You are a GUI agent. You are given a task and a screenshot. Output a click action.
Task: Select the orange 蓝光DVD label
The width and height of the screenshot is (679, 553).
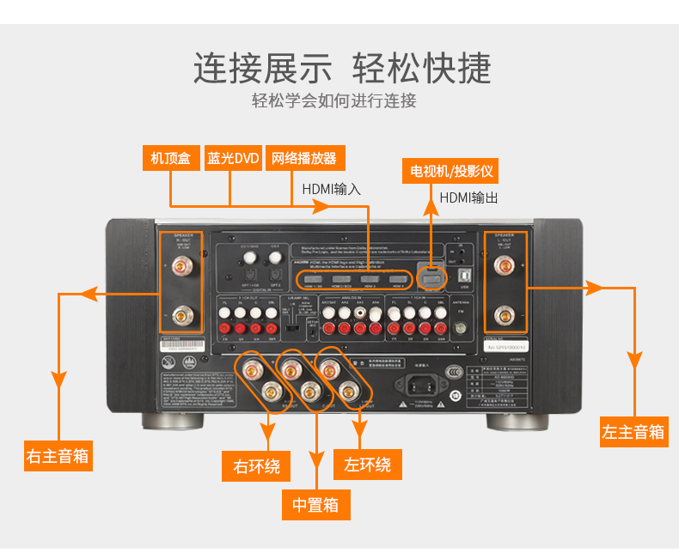click(232, 159)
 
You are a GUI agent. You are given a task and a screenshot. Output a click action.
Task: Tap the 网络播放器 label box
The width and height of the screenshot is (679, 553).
click(304, 159)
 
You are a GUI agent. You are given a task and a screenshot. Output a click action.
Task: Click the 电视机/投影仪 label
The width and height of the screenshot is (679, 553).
click(450, 169)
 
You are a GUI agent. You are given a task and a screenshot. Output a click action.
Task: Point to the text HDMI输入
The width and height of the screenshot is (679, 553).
click(332, 188)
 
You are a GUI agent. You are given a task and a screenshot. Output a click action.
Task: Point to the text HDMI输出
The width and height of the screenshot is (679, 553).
click(469, 197)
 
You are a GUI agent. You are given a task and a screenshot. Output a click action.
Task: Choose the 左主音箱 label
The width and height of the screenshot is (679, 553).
click(633, 432)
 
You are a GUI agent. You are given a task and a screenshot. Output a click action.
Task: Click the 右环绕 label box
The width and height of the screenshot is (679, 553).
click(256, 466)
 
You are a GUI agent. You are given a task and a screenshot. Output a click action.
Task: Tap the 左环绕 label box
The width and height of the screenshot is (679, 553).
click(368, 465)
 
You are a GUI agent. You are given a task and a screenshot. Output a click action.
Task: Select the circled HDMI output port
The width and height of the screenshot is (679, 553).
click(431, 278)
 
